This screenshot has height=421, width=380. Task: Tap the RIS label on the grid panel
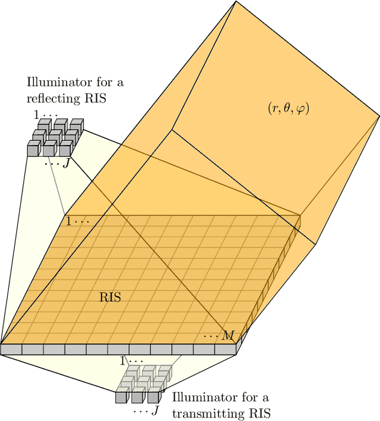[x=109, y=297]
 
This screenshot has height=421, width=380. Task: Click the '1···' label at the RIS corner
[x=77, y=221]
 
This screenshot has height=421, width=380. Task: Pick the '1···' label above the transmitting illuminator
[x=131, y=361]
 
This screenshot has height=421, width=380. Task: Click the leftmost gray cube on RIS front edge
[x=11, y=350]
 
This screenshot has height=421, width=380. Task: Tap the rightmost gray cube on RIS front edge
[x=226, y=350]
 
